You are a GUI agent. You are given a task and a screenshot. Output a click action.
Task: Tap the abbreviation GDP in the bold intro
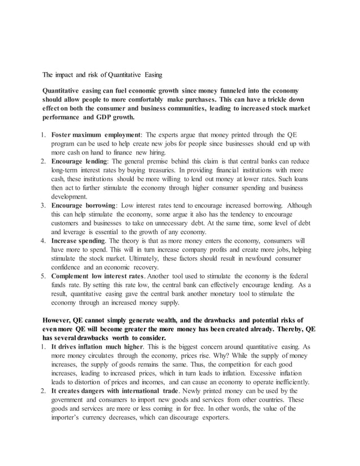pos(106,117)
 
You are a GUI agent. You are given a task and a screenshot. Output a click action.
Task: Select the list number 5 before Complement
pos(43,276)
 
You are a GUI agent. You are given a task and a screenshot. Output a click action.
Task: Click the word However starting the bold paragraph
pos(59,320)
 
